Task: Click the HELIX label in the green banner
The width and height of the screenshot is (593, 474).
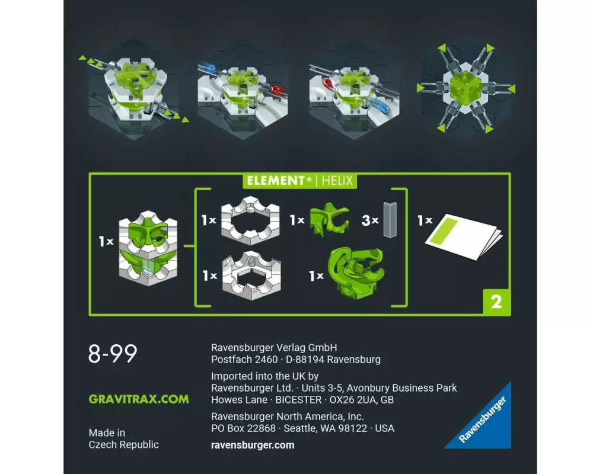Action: coord(337,180)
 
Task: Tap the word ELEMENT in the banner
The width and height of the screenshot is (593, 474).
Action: coord(276,180)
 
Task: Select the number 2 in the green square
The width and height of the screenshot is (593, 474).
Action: coord(496,302)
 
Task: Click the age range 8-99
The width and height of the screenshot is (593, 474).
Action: coord(113,353)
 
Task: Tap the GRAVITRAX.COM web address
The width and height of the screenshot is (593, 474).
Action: coord(139,399)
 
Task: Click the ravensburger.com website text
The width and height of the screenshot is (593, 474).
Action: coord(253,446)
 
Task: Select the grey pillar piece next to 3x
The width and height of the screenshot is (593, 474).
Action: coord(390,220)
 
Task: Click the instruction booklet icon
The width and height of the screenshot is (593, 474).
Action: coord(464,236)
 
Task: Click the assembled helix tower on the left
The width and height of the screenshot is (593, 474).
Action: coord(148,248)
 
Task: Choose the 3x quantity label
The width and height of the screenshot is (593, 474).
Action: coord(370,220)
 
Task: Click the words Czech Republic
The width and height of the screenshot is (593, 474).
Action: coord(124,444)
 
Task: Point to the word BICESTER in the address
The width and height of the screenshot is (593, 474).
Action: coord(298,399)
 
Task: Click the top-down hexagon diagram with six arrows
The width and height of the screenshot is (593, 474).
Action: coord(466,89)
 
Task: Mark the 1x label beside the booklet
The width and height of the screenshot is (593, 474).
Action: coord(425,220)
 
